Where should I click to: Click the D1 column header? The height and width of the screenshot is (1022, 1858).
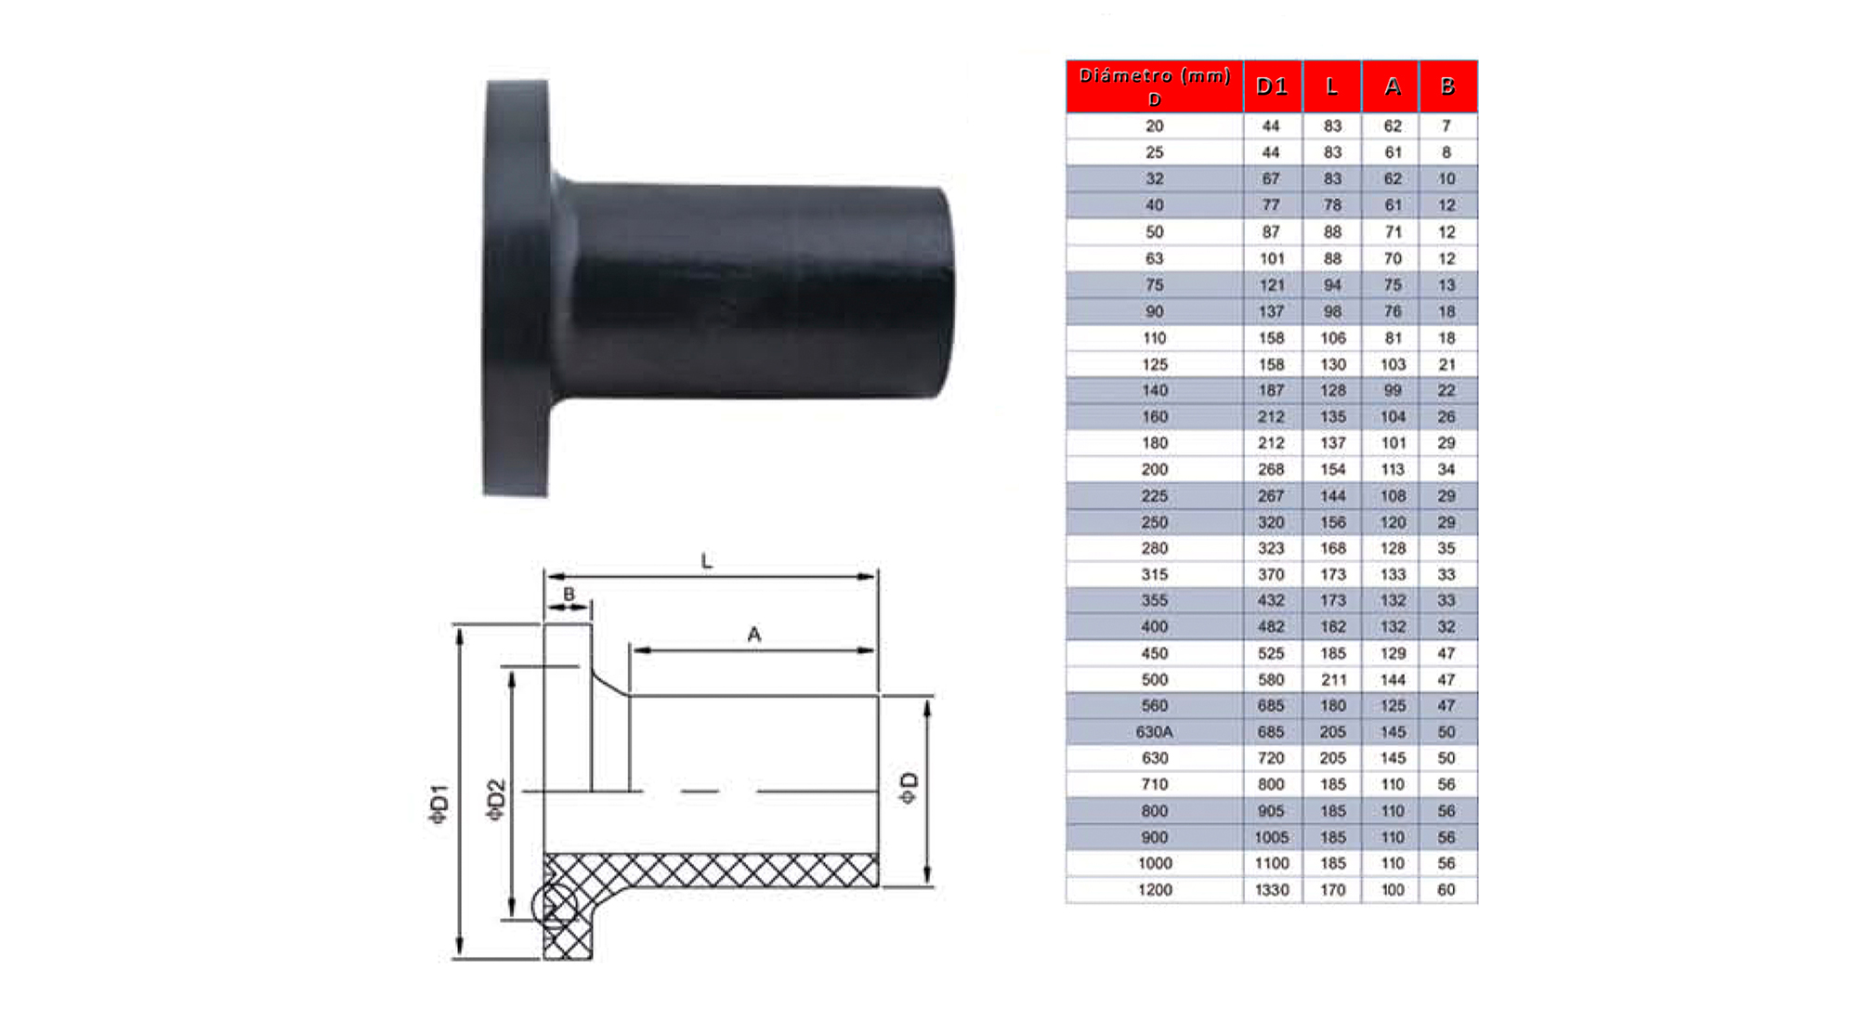click(1272, 86)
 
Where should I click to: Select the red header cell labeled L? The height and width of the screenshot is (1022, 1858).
click(1332, 86)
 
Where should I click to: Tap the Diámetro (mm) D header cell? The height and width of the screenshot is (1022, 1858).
click(1155, 86)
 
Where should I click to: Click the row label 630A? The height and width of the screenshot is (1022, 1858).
click(1155, 732)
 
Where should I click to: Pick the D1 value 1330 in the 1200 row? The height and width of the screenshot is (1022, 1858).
click(1272, 890)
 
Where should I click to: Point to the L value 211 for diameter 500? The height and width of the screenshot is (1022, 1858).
click(1333, 680)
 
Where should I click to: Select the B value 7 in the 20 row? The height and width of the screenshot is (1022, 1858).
click(1446, 125)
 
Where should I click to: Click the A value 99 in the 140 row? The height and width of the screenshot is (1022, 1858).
click(1393, 390)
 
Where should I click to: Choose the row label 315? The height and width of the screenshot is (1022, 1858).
click(1155, 575)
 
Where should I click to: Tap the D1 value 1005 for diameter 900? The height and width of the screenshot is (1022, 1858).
click(1272, 837)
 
